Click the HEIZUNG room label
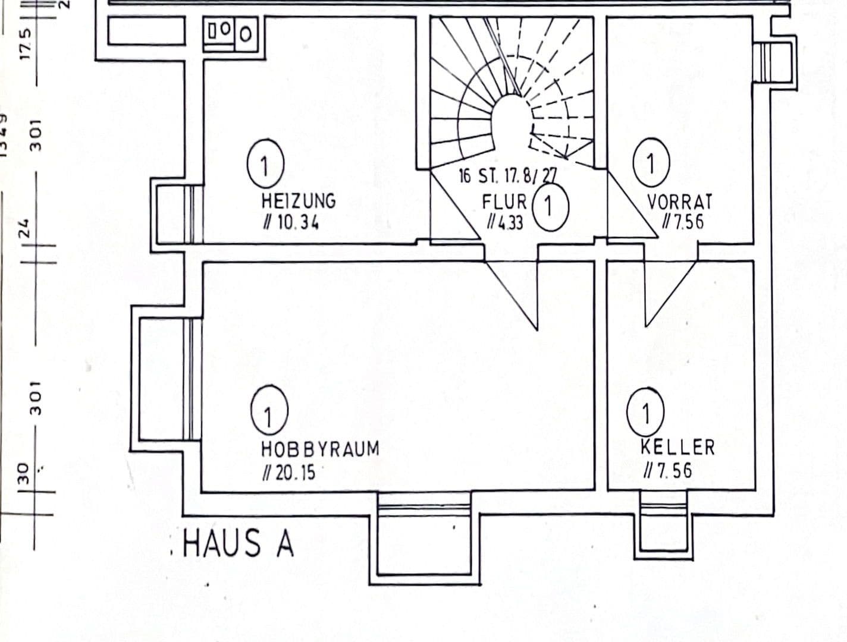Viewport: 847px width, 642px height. click(x=298, y=200)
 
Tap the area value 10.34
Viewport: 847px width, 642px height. click(x=291, y=223)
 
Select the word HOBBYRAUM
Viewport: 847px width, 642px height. click(x=320, y=449)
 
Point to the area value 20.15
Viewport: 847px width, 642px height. click(x=288, y=473)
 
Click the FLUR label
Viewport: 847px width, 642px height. click(x=504, y=201)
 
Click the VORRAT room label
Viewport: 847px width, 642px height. click(x=679, y=201)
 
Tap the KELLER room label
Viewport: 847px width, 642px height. click(x=677, y=447)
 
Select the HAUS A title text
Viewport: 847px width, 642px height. click(x=239, y=543)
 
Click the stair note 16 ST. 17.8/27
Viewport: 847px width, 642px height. click(x=507, y=176)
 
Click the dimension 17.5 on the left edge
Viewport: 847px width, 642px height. click(x=26, y=43)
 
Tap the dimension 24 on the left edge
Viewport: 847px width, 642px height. click(x=24, y=228)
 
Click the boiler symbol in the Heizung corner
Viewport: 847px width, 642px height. click(x=233, y=33)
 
